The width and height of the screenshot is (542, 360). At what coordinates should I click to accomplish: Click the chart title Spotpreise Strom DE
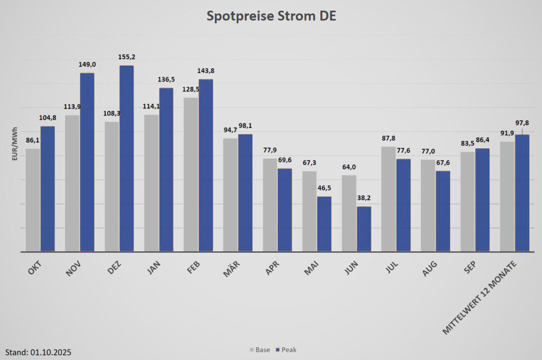(270, 16)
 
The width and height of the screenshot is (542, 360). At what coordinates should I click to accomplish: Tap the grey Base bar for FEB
(191, 174)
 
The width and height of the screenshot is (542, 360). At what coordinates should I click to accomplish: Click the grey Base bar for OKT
(33, 200)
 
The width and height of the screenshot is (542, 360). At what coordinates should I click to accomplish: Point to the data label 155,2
(126, 57)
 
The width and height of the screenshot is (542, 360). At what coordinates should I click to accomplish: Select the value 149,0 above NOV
(87, 65)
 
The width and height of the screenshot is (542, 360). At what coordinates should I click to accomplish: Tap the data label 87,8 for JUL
(388, 139)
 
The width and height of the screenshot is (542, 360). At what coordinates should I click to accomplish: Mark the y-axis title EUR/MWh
(15, 144)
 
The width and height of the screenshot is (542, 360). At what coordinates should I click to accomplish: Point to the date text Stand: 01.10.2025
(38, 352)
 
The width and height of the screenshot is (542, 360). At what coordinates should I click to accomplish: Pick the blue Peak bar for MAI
(324, 223)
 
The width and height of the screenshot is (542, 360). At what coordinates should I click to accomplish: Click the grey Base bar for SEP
(467, 201)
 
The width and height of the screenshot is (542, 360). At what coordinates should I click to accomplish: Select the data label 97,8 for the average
(523, 123)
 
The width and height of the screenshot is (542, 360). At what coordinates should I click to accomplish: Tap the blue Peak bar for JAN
(166, 169)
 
